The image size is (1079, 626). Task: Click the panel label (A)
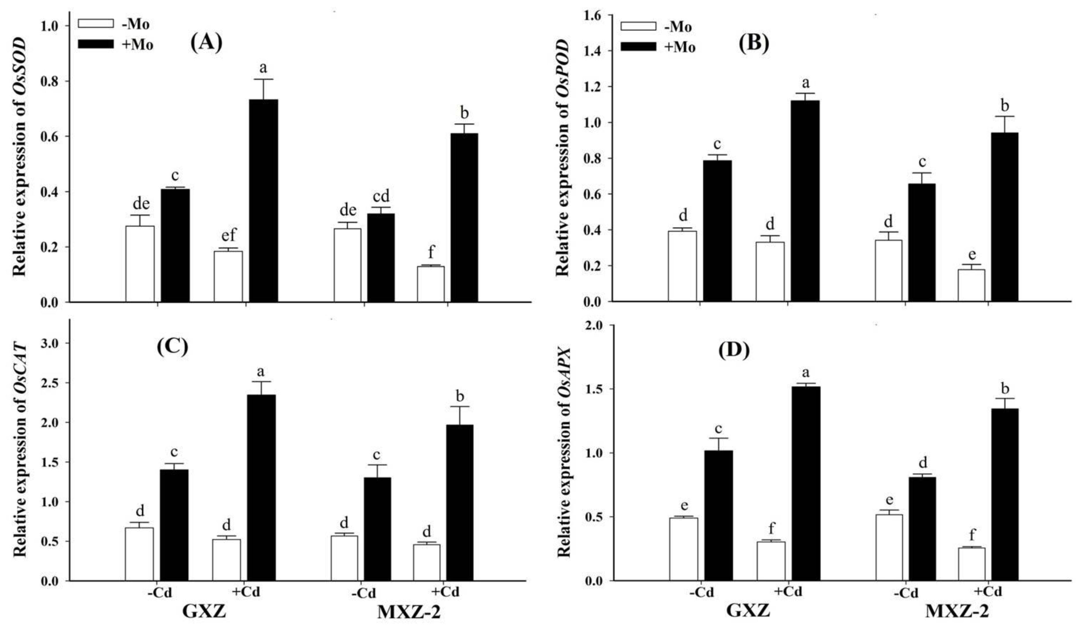[x=206, y=43]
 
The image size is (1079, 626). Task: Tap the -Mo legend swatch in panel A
[x=96, y=23]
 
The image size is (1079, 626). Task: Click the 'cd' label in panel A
[x=381, y=196]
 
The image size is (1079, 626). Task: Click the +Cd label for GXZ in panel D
[x=788, y=592]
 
